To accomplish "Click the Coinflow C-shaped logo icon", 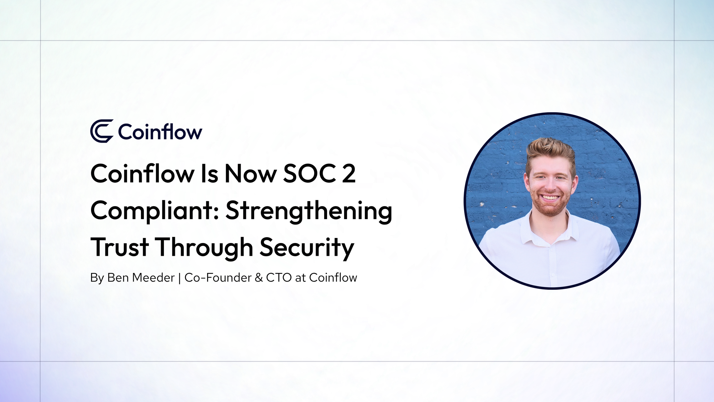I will point(102,131).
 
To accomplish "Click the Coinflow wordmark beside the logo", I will point(160,132).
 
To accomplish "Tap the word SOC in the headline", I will point(310,174).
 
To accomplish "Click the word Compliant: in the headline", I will point(155,211).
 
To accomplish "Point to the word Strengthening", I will point(309,211).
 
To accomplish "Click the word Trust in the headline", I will point(120,247).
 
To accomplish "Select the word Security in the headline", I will point(307,247).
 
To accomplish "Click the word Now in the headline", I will point(251,174).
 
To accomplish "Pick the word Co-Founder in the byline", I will point(218,278).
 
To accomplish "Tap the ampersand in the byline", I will point(259,278).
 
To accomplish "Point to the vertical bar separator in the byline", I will point(179,278).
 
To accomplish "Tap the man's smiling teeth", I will point(550,197).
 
